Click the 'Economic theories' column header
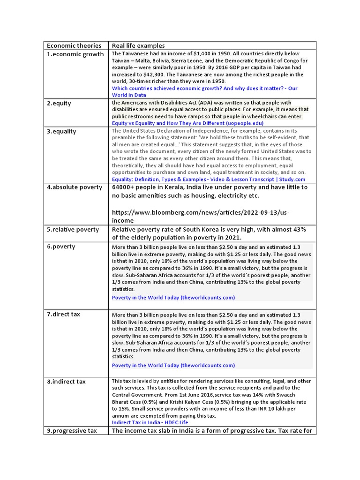coord(74,45)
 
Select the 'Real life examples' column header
coord(138,45)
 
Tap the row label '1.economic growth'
coord(75,54)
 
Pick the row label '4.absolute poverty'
coord(74,187)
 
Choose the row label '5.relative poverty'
coord(73,230)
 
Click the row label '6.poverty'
coord(60,247)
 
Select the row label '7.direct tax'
coord(63,314)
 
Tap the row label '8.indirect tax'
coord(66,382)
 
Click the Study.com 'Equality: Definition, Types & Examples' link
coord(208,180)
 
